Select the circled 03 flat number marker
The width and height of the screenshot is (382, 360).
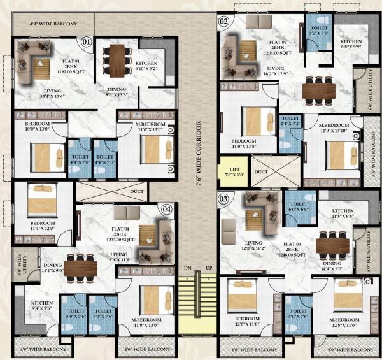tap(223, 198)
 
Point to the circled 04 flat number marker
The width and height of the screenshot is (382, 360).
tap(167, 208)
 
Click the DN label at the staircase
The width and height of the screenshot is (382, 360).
tap(188, 268)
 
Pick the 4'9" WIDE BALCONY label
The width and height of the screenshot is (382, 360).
tap(53, 24)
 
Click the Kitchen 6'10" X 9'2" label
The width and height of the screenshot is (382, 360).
tap(150, 66)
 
